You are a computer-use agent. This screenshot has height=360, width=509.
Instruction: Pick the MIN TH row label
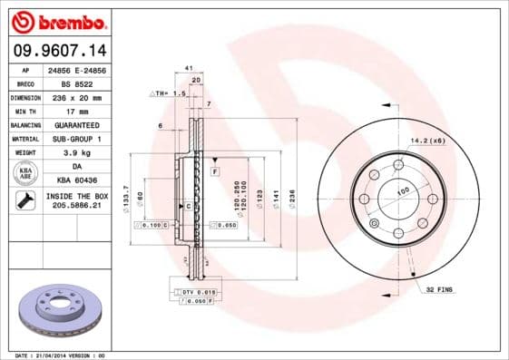point(25,111)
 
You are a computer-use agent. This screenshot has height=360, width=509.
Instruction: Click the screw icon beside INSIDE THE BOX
point(25,201)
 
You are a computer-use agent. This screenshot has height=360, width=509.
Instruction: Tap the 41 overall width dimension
point(188,68)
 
